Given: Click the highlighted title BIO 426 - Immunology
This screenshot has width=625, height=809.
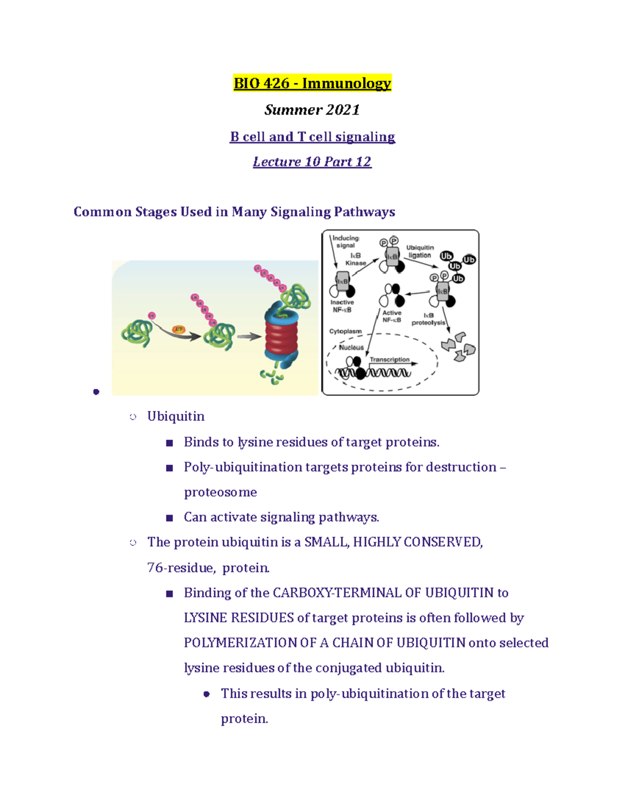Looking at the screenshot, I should (x=312, y=83).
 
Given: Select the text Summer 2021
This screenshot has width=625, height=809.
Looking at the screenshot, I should (x=312, y=110).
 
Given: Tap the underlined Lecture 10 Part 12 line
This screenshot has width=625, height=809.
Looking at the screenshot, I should (x=312, y=162).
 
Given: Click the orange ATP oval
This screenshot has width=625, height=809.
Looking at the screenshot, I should (x=179, y=329).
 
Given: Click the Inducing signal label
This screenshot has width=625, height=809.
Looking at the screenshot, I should (x=346, y=242).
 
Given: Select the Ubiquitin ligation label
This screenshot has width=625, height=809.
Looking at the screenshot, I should (x=420, y=252).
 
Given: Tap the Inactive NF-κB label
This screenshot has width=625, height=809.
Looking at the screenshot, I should (x=342, y=306).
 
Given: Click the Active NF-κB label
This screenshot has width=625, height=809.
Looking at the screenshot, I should (x=392, y=316).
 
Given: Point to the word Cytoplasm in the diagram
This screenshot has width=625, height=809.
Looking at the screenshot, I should (x=345, y=331).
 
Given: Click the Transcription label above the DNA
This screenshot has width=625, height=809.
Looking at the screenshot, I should (x=390, y=359).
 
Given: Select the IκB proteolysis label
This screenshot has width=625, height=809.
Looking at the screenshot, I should (x=428, y=319).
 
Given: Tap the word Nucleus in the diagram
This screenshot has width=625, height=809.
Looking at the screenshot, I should (x=351, y=347).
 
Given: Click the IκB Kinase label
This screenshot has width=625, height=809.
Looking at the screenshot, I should (x=356, y=259).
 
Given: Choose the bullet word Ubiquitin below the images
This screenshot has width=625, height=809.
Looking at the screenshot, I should (x=176, y=416).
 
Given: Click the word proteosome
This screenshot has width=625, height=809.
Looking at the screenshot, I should (x=220, y=492).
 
